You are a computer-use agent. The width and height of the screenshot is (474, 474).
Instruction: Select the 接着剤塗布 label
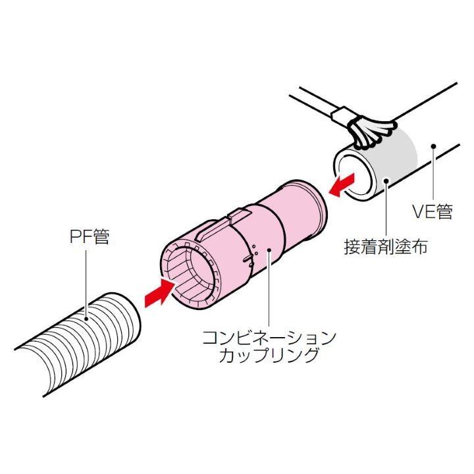coord(386,247)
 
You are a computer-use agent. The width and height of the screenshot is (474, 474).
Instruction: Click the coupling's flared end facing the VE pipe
coord(313,205)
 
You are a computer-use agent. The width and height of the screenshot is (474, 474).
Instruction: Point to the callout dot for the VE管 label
coord(433,145)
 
